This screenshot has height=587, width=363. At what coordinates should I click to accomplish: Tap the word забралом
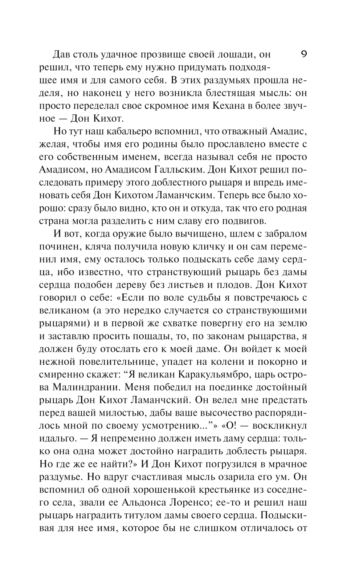coord(286,234)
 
